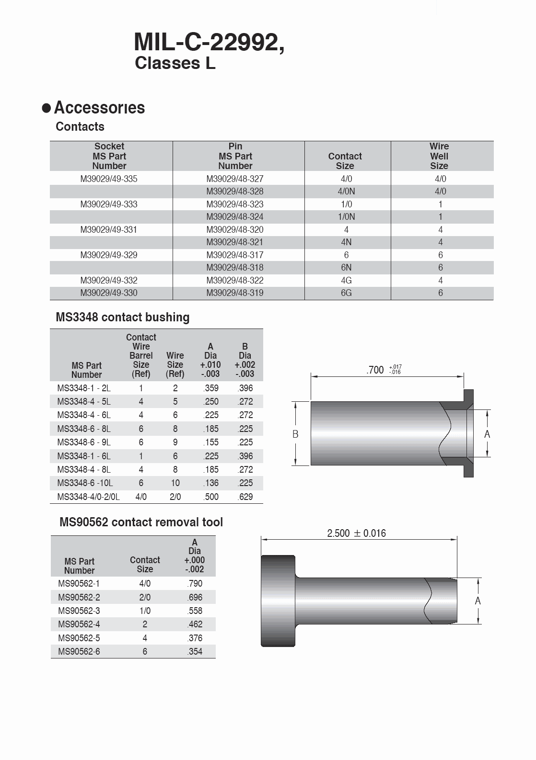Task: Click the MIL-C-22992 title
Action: [x=209, y=43]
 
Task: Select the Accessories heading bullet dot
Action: [x=47, y=108]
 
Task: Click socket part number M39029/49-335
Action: [x=109, y=179]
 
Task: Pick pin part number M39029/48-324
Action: [x=235, y=217]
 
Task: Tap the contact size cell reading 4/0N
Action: [x=346, y=192]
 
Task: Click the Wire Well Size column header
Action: [x=439, y=156]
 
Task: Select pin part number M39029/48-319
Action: [x=235, y=293]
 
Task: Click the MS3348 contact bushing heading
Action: [x=122, y=318]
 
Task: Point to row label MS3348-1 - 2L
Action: [x=84, y=388]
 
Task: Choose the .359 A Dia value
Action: [x=211, y=388]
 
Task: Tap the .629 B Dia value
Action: [x=245, y=497]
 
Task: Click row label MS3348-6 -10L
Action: [x=85, y=483]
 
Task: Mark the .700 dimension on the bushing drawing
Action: [x=375, y=370]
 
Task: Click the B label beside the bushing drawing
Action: [x=295, y=434]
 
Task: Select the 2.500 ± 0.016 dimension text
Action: [x=356, y=533]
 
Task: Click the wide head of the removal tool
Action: [x=278, y=601]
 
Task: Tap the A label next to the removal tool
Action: [x=478, y=601]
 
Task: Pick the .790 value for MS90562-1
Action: [x=195, y=584]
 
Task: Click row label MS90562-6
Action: [x=79, y=652]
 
